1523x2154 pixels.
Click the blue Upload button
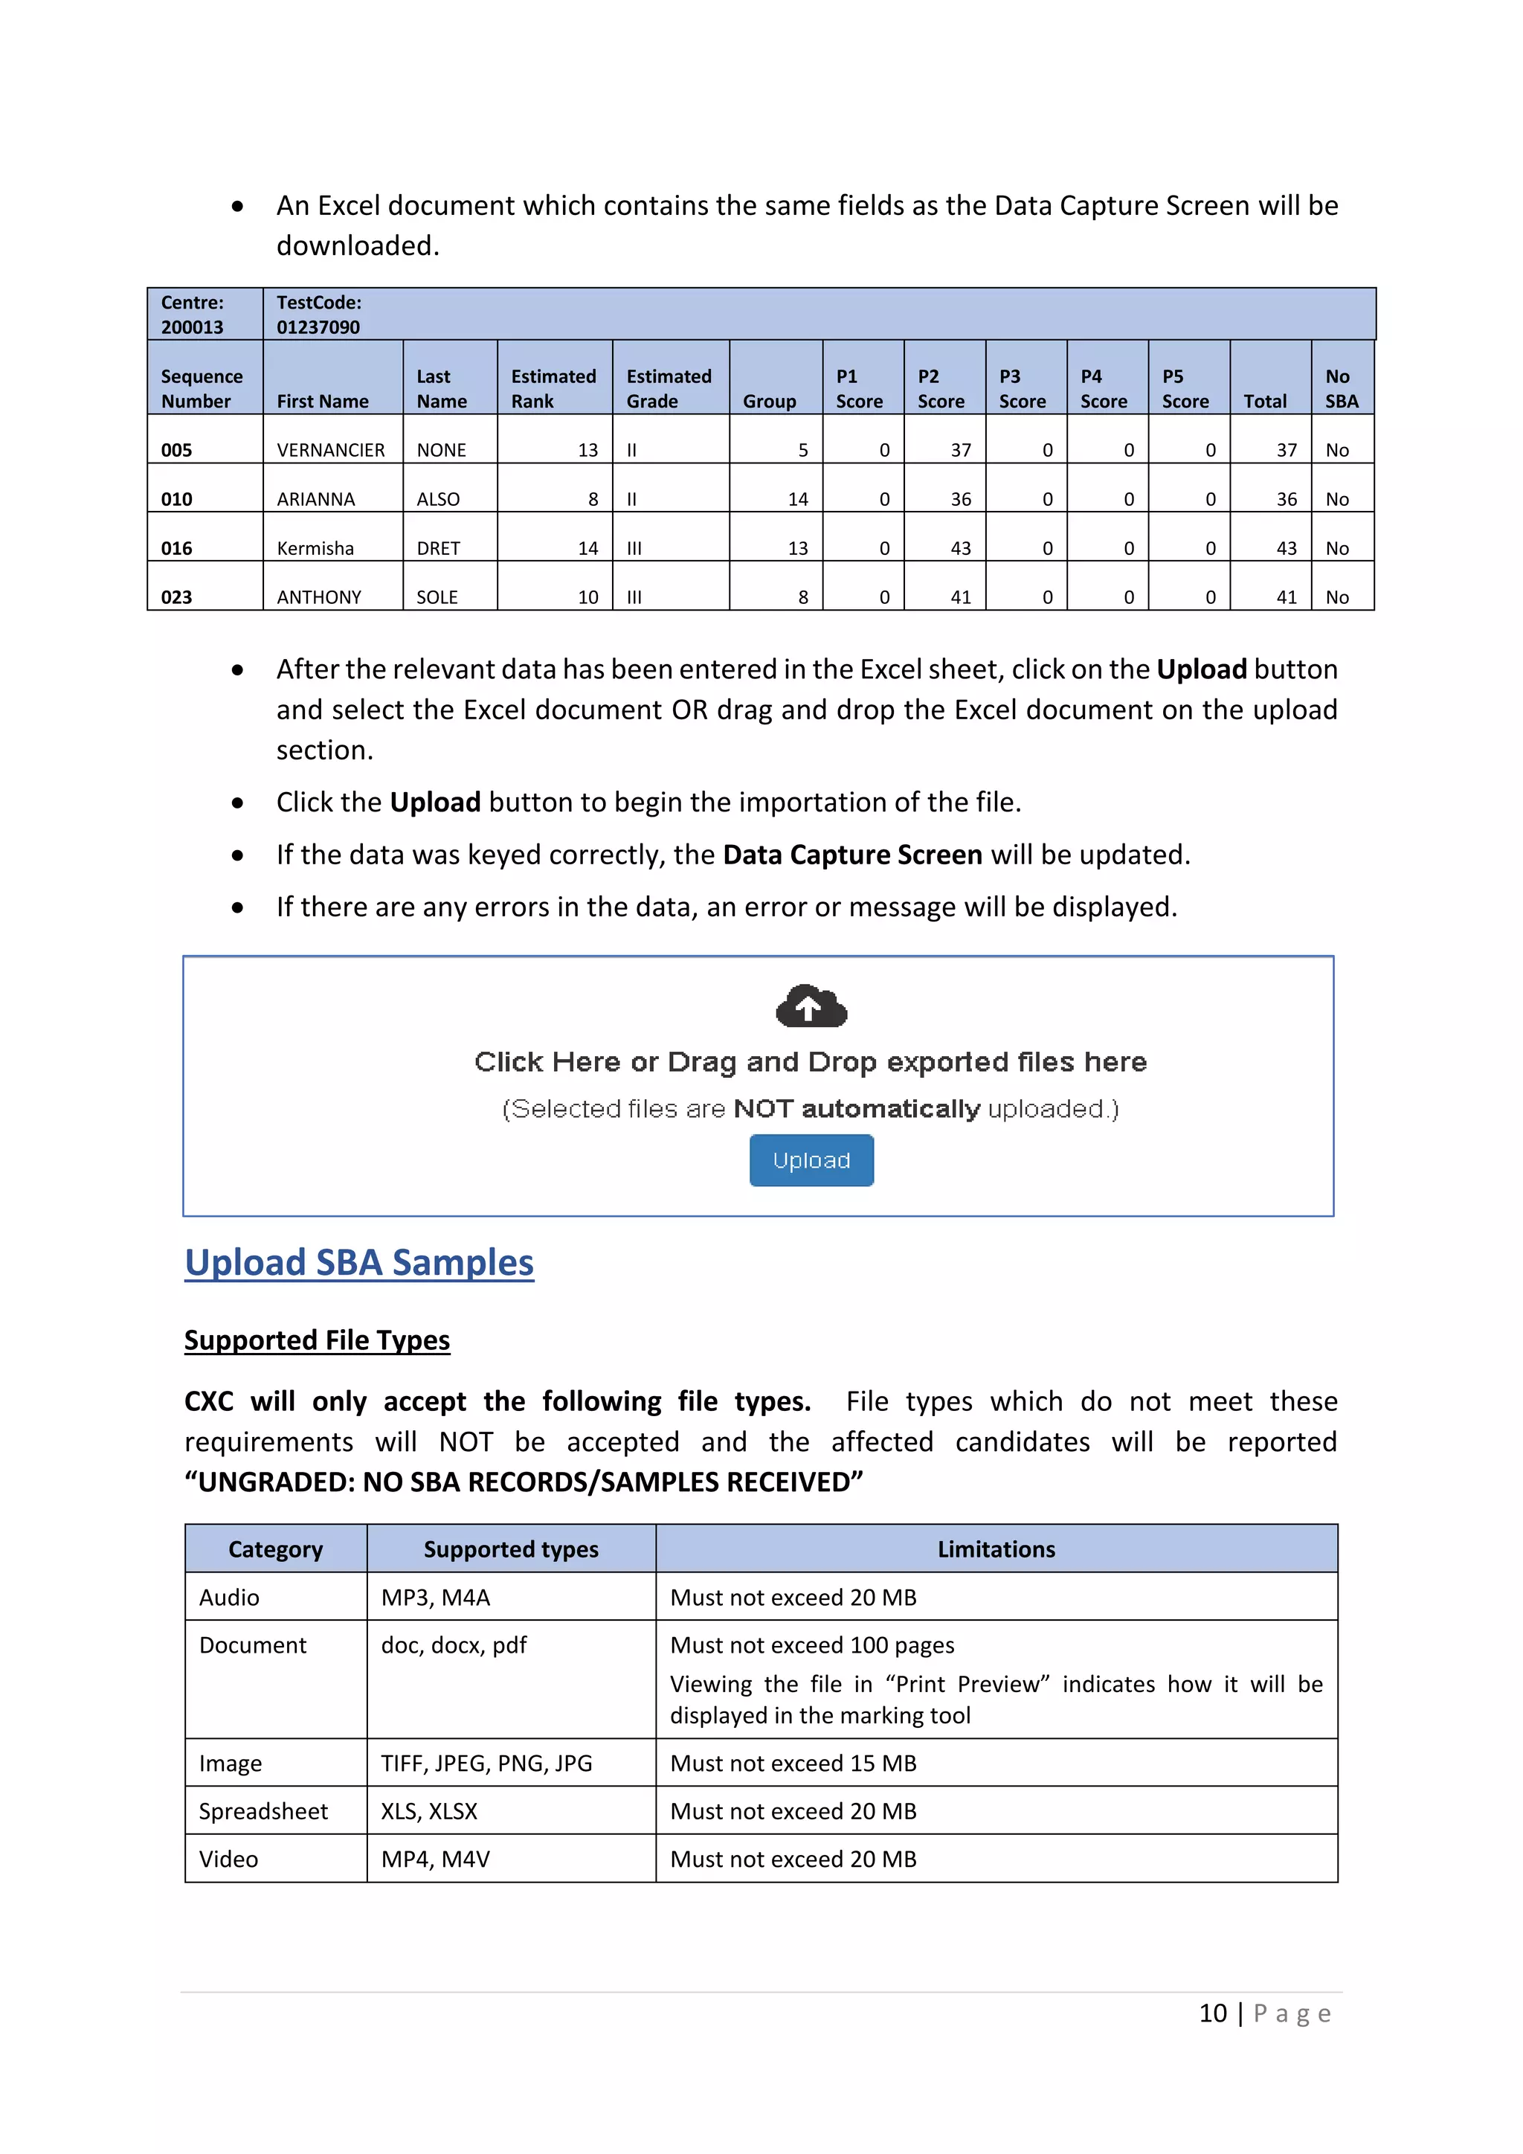coord(811,1160)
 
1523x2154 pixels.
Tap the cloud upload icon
coord(811,1006)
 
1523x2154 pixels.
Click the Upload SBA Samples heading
coord(359,1263)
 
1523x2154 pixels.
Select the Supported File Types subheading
coord(317,1340)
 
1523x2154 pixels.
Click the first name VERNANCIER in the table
coord(330,450)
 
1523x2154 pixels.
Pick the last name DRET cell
coord(438,548)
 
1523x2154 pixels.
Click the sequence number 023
coord(176,597)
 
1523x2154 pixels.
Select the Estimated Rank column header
coord(553,388)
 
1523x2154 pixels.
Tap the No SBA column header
coord(1341,388)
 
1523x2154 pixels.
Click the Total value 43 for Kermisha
coord(1286,548)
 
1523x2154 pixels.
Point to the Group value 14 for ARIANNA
coord(797,499)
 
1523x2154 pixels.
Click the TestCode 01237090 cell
coord(319,315)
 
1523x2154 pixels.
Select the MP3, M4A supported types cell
coord(435,1598)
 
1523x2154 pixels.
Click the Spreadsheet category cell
coord(263,1812)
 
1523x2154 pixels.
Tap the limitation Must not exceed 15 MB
coord(793,1764)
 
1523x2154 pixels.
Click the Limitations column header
coord(996,1550)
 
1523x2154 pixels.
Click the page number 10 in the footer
coord(1213,2014)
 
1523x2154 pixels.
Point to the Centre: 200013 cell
coord(193,315)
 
